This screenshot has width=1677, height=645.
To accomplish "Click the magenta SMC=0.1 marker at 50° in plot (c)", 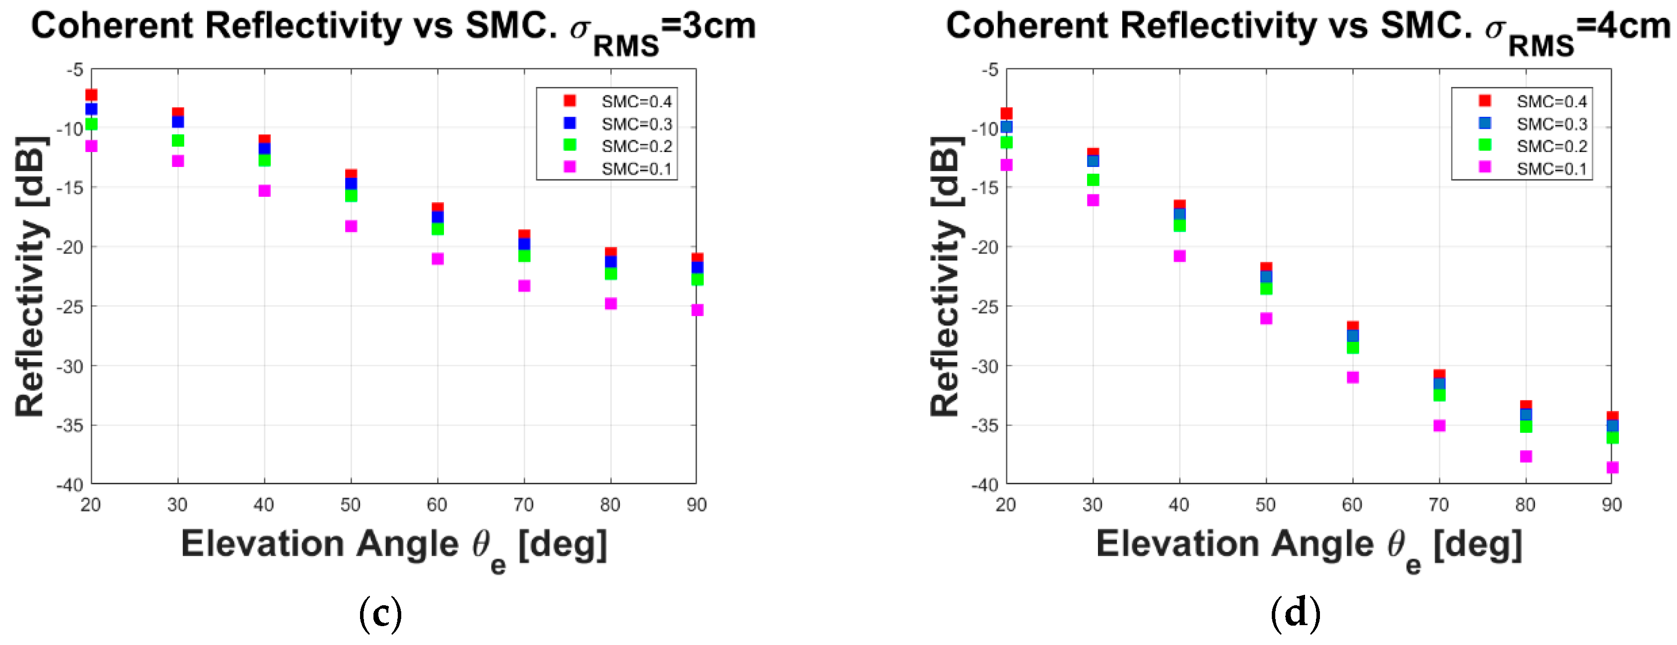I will (351, 226).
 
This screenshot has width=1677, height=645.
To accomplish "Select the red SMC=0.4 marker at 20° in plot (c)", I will (92, 95).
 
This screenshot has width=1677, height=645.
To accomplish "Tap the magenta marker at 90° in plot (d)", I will (1612, 467).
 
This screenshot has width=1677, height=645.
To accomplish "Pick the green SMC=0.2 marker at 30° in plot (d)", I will (1093, 180).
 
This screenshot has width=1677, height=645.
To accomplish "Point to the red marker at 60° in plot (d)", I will (1353, 326).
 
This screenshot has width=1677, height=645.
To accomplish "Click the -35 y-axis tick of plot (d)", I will (984, 425).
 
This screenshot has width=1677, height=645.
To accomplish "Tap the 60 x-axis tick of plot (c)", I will (437, 505).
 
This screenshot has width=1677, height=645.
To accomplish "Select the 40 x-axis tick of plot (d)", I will (1179, 505).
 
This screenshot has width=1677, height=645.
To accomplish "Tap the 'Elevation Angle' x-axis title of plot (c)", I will (319, 544).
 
